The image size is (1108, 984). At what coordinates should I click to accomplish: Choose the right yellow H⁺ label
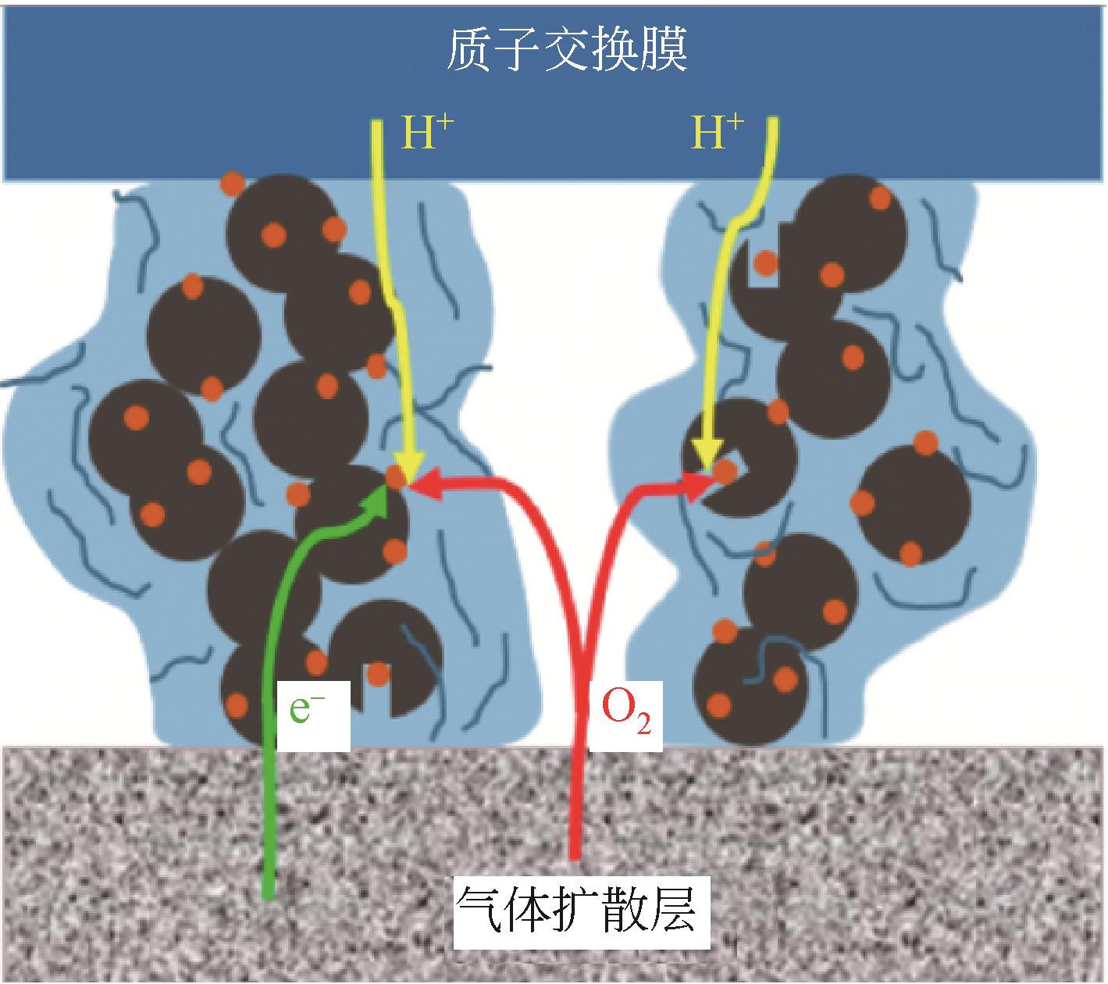click(718, 133)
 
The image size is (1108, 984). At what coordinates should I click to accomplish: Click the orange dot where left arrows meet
click(397, 477)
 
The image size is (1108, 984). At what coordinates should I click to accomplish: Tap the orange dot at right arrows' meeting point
click(725, 471)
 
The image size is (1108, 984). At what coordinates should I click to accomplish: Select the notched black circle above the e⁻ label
click(387, 656)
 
